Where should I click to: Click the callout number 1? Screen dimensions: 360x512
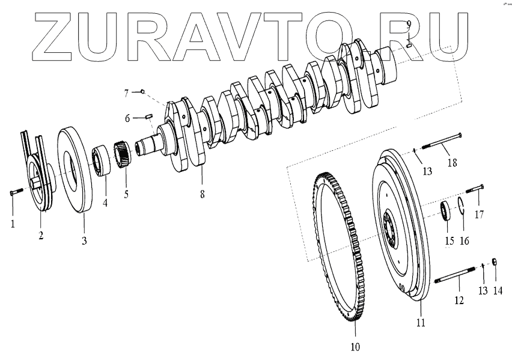(12, 224)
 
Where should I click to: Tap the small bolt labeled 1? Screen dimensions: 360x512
(16, 192)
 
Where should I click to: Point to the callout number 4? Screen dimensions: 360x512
(105, 203)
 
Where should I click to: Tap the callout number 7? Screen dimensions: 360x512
(127, 93)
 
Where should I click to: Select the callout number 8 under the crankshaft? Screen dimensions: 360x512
(203, 194)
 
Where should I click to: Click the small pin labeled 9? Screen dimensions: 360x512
(408, 42)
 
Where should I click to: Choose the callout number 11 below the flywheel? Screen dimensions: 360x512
(421, 323)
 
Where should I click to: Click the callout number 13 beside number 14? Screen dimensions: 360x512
(483, 291)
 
